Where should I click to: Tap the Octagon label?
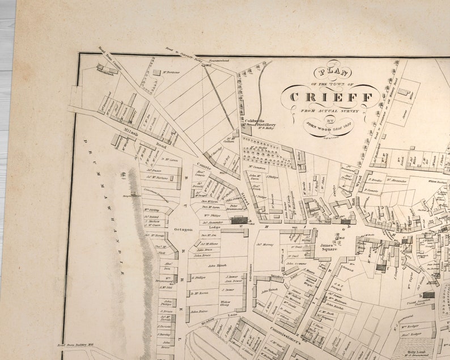184,230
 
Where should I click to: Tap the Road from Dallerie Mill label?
80,344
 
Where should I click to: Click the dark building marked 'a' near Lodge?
239,220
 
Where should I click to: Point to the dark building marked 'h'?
428,295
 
